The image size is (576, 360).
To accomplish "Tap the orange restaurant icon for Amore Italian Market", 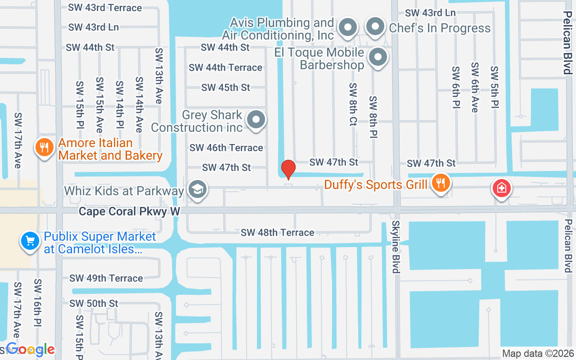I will (44, 147).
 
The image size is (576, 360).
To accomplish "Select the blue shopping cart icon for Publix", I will (30, 241).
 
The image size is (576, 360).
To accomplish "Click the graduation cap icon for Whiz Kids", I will (197, 189).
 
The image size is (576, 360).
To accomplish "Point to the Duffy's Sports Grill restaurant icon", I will (441, 183).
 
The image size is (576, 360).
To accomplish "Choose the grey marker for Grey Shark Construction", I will (256, 120).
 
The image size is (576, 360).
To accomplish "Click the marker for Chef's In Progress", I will (375, 27).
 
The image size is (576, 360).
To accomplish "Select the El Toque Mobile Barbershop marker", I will (378, 58).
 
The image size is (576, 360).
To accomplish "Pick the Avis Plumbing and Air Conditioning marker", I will (347, 27).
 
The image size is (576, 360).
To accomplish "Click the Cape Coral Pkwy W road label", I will (130, 211).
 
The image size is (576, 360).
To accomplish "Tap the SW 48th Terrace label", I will (277, 232).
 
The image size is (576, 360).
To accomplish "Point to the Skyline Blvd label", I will (396, 247).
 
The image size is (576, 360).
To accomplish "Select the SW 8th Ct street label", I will (353, 104).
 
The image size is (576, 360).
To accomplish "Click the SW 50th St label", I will (94, 303).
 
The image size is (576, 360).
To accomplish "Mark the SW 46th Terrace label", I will (226, 148).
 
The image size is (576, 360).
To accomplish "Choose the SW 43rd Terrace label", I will (105, 8).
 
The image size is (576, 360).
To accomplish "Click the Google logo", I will (30, 349).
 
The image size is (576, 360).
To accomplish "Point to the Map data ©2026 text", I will (538, 354).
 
